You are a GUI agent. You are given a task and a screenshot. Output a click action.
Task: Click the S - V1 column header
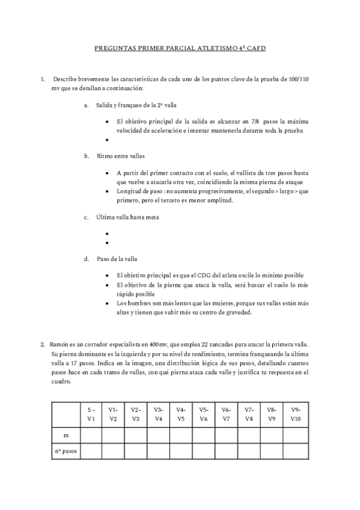[x=91, y=414]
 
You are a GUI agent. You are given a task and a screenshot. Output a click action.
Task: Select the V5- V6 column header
[x=204, y=414]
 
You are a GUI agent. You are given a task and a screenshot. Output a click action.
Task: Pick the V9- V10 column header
[x=294, y=414]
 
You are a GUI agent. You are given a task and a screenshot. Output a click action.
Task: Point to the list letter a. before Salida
[x=87, y=105]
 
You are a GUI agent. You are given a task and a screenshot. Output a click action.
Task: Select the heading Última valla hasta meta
[x=127, y=216]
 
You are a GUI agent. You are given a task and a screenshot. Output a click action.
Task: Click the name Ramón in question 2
[x=59, y=345]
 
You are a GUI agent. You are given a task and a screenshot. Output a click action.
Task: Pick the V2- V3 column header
[x=136, y=414]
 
